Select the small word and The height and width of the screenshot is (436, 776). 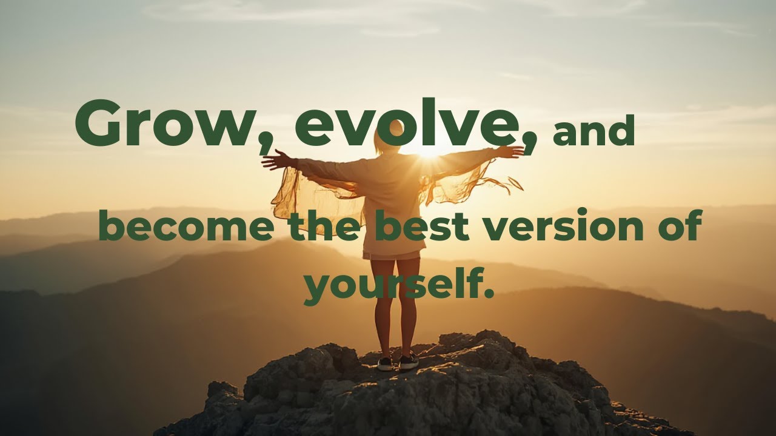[594, 133]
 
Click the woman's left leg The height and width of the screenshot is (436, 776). [383, 309]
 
